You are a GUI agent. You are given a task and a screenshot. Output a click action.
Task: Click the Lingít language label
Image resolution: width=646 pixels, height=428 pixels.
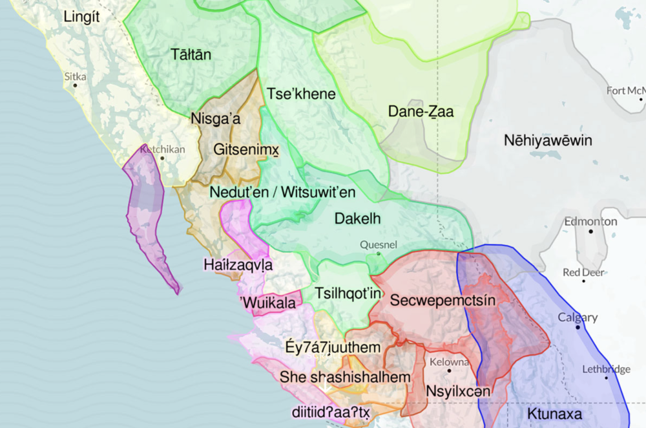click(82, 17)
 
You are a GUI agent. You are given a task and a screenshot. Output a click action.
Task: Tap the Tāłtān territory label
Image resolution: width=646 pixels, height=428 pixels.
click(191, 54)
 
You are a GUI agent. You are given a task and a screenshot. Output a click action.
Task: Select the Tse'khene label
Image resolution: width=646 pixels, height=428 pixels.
click(302, 94)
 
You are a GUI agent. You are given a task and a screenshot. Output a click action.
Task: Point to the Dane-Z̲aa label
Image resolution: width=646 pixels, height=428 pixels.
click(421, 111)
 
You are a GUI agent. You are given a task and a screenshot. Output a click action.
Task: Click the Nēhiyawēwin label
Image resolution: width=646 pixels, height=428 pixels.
click(548, 141)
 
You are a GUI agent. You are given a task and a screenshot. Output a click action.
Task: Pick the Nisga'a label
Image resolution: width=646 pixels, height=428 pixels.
click(216, 119)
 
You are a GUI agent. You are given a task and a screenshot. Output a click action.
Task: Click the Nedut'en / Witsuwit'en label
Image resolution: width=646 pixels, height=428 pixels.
click(282, 192)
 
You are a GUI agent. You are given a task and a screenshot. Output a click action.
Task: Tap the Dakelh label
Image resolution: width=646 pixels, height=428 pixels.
click(357, 219)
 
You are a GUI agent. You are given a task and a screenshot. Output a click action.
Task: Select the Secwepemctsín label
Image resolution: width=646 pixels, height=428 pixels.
click(443, 300)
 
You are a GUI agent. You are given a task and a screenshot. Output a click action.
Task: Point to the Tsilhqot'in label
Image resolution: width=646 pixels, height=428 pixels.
click(349, 294)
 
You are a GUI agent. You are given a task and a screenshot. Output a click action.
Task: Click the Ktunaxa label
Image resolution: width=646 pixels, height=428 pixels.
click(554, 414)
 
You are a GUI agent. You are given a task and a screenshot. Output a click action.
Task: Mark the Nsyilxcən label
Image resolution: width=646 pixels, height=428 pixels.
click(458, 391)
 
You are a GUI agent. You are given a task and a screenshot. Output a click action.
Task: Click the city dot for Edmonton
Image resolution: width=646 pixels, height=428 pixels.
click(590, 231)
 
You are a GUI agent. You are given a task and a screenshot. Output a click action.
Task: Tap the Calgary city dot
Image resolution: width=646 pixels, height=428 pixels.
click(578, 328)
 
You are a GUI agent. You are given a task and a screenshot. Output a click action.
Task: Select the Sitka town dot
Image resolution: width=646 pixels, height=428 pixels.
click(76, 85)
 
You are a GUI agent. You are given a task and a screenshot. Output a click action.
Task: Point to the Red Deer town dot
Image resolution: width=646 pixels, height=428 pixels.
click(584, 281)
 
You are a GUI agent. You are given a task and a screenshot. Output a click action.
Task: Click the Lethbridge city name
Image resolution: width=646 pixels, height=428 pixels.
click(605, 369)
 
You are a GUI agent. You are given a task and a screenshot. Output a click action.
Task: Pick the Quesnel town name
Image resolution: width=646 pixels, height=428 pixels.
click(379, 244)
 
